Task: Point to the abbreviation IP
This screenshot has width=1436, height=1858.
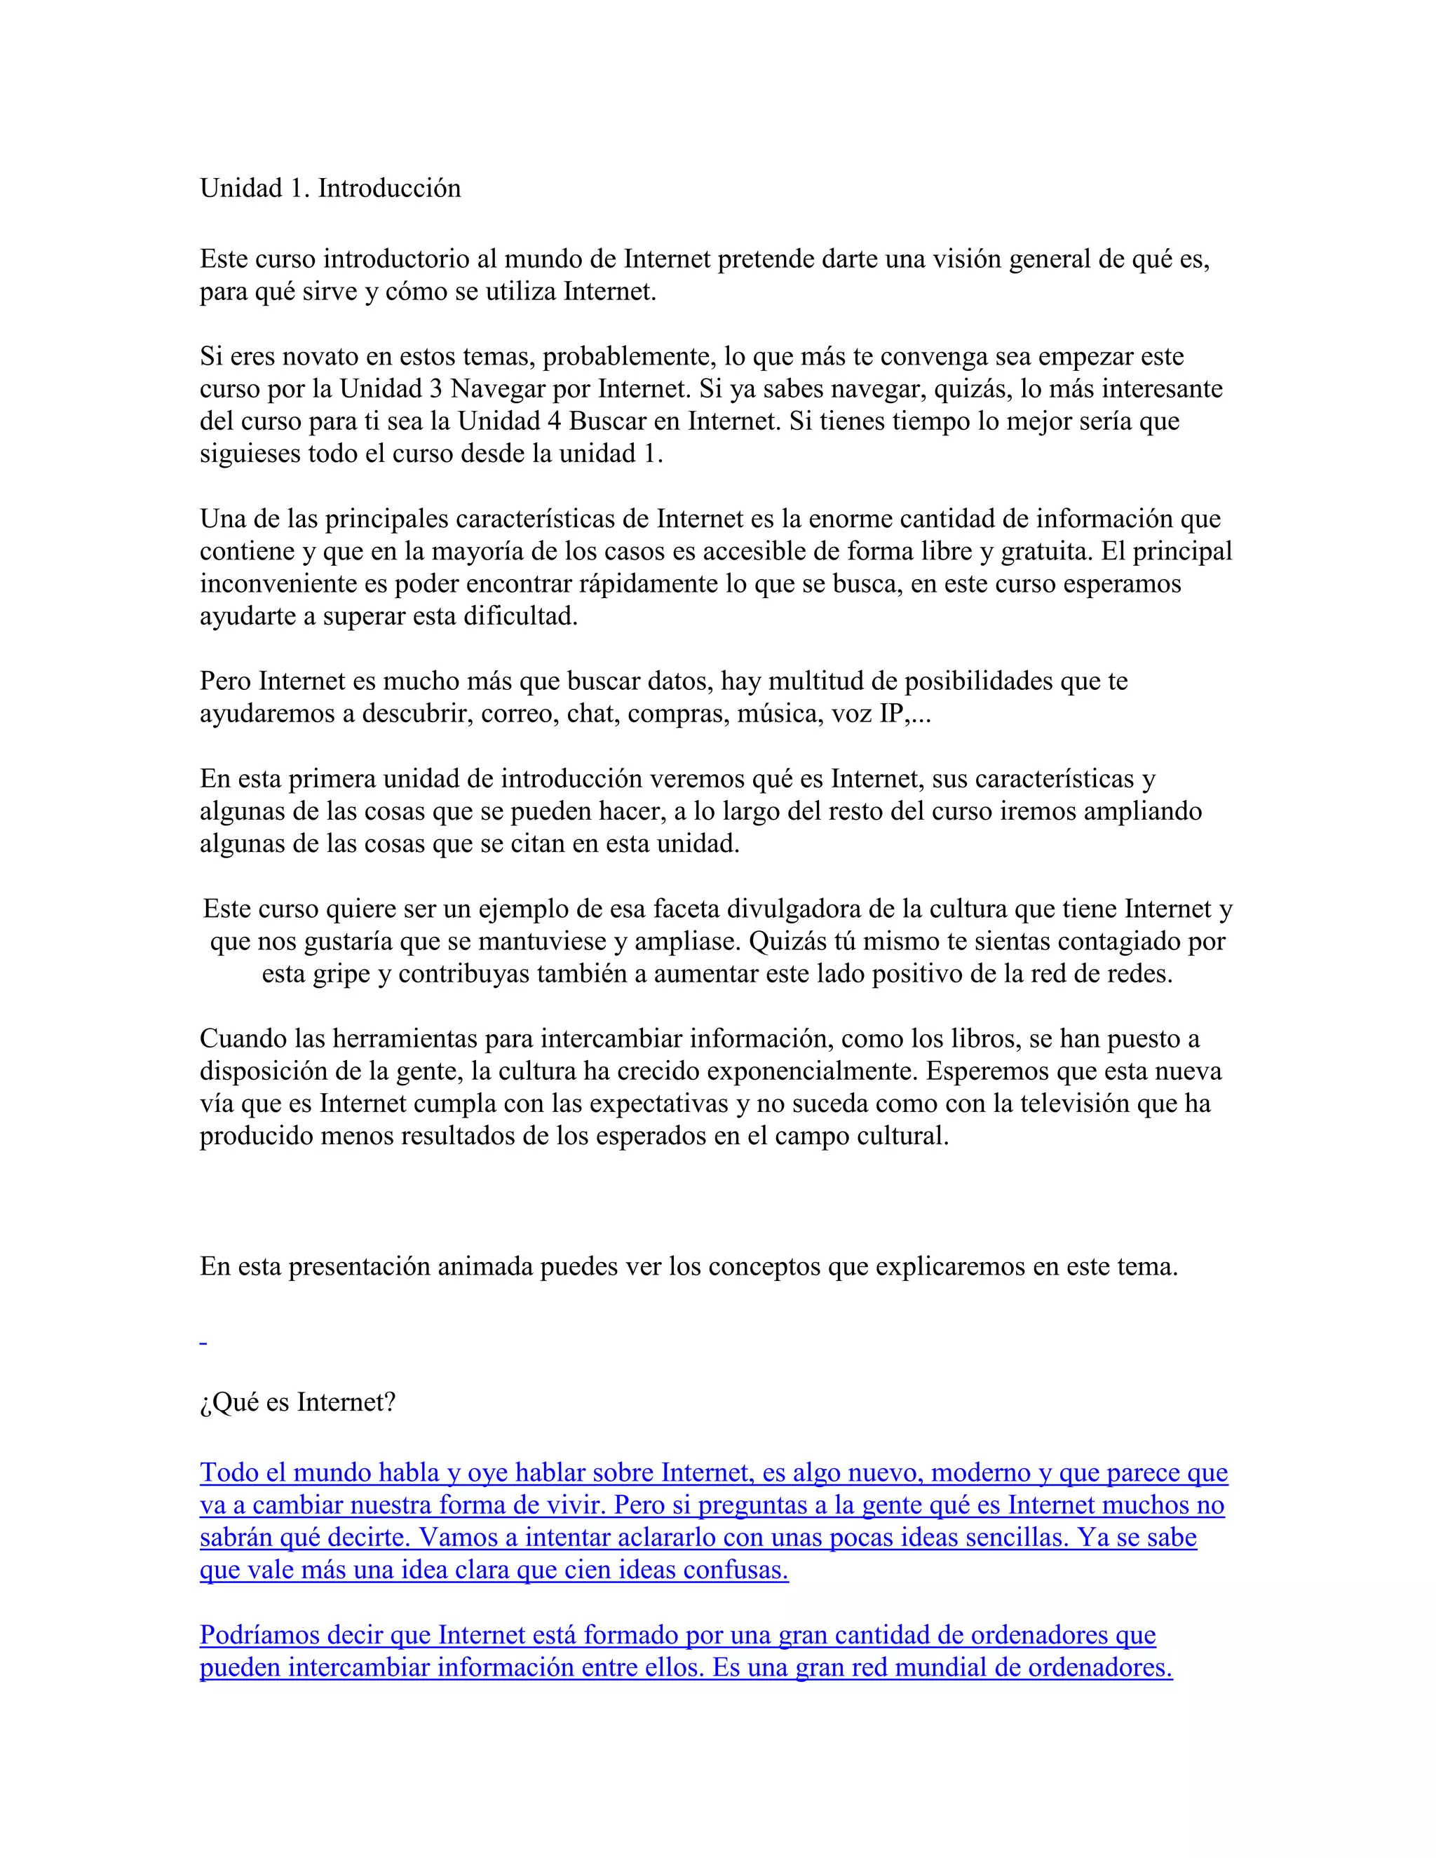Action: coord(890,713)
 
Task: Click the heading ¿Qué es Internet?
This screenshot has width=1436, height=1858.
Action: coord(298,1402)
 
